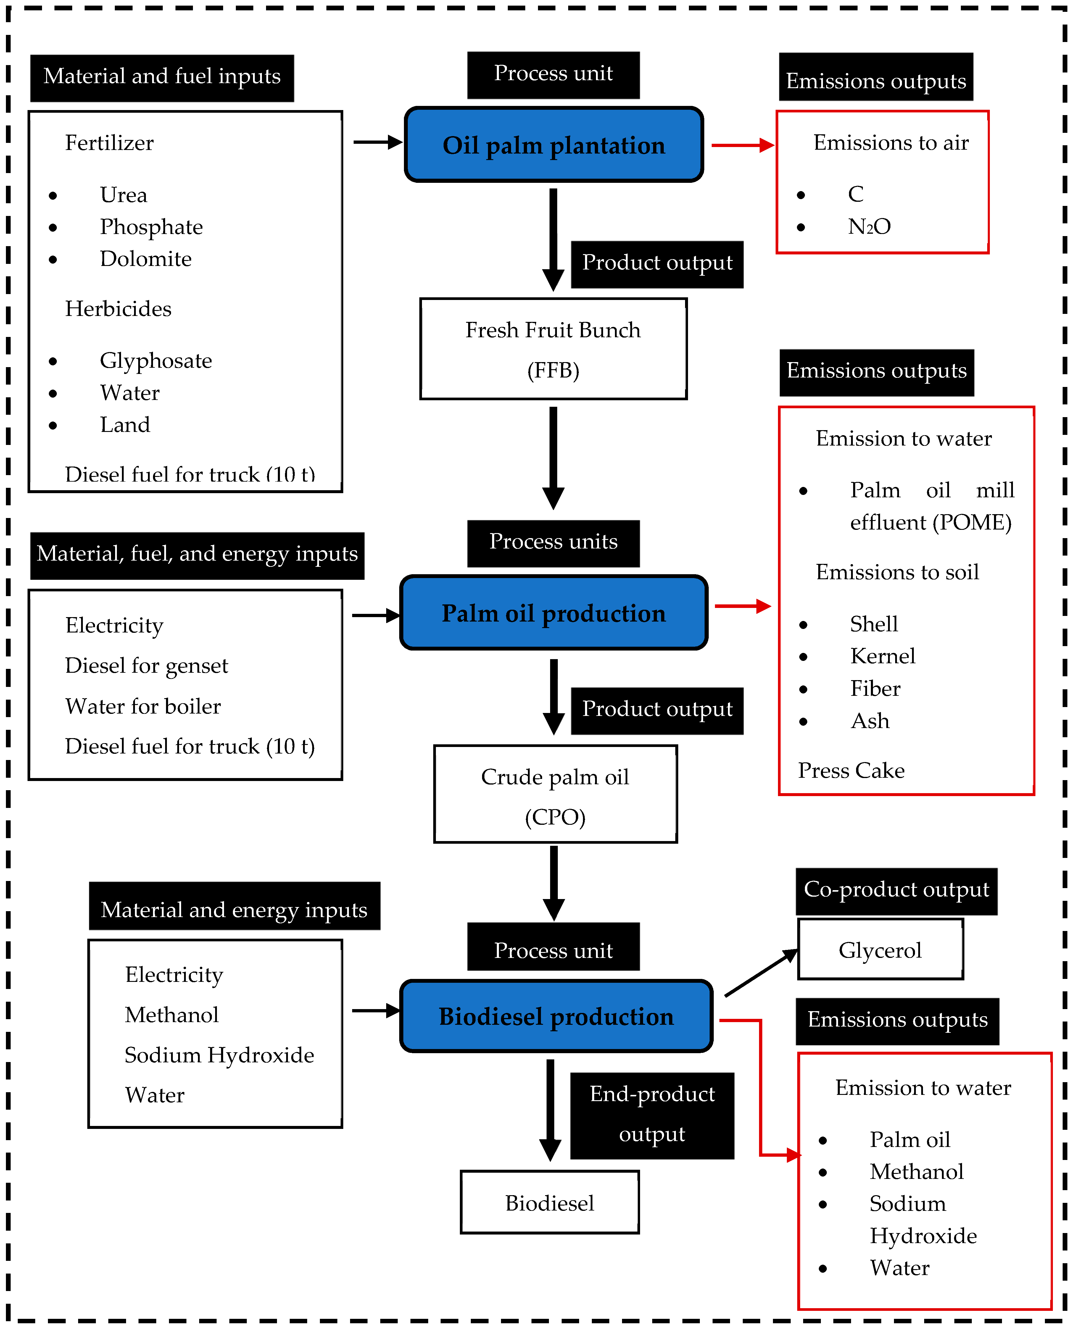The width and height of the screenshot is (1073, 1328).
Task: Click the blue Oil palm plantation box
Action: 554,145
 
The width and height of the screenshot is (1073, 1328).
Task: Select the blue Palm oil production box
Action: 554,612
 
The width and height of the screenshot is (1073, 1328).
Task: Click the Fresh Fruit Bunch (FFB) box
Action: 553,349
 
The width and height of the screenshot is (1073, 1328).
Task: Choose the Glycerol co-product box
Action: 880,949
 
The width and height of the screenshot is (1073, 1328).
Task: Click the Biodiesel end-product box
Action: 550,1203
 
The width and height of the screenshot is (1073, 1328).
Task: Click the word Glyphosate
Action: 156,361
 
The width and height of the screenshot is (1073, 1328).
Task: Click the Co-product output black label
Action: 896,890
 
